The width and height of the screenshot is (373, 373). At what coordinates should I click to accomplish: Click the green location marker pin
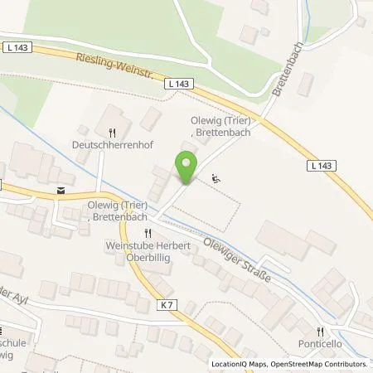[x=187, y=167]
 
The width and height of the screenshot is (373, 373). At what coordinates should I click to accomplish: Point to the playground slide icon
[x=216, y=177]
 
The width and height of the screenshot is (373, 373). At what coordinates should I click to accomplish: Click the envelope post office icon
[x=59, y=189]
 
